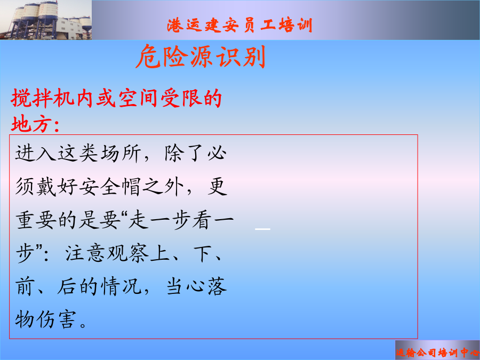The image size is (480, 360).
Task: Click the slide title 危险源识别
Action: click(x=201, y=57)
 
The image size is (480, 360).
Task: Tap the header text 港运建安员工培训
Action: click(x=239, y=25)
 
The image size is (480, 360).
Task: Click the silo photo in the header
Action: click(x=46, y=20)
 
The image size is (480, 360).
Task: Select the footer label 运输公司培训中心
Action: click(x=437, y=353)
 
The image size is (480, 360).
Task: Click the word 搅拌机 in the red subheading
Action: click(x=43, y=98)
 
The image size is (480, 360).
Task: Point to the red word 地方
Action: click(x=31, y=124)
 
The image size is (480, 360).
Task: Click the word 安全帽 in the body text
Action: click(x=109, y=187)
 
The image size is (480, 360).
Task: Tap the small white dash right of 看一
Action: click(x=262, y=229)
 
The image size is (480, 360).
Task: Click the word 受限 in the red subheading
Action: click(x=181, y=98)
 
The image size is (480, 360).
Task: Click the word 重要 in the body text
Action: click(x=36, y=220)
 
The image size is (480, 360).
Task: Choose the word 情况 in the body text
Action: click(x=121, y=286)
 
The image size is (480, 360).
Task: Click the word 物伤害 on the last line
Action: click(x=45, y=319)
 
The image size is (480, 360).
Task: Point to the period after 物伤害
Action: click(x=83, y=324)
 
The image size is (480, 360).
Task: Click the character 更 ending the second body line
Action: click(x=218, y=187)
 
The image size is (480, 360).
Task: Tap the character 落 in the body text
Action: click(x=218, y=286)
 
